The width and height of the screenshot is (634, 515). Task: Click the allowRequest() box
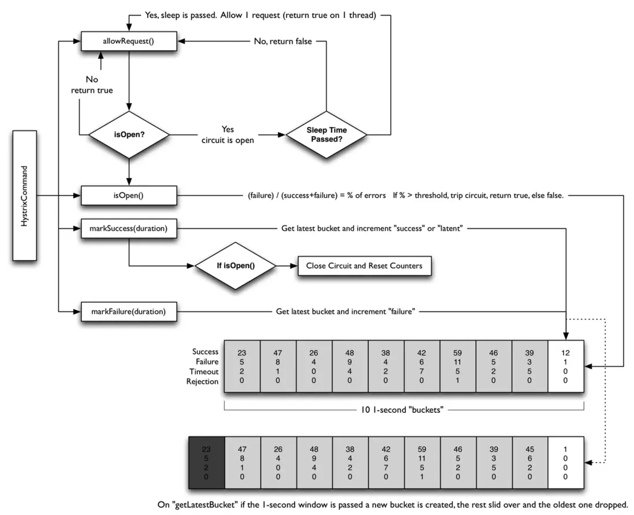click(128, 42)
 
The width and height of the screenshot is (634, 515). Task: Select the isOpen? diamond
click(128, 135)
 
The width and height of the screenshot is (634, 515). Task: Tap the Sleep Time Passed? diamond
click(327, 135)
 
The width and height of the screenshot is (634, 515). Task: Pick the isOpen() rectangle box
click(128, 196)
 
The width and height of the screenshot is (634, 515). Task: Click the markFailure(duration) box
click(128, 312)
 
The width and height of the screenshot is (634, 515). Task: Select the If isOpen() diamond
click(236, 266)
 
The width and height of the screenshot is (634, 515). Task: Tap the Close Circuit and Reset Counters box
click(364, 266)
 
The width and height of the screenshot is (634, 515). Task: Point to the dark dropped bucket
click(207, 463)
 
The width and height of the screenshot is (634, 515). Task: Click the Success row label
click(206, 351)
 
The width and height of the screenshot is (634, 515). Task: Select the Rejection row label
click(203, 381)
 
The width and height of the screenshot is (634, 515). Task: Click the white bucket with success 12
click(566, 366)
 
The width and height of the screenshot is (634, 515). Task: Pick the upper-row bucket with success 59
click(457, 366)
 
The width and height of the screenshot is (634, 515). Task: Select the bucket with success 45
click(529, 463)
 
